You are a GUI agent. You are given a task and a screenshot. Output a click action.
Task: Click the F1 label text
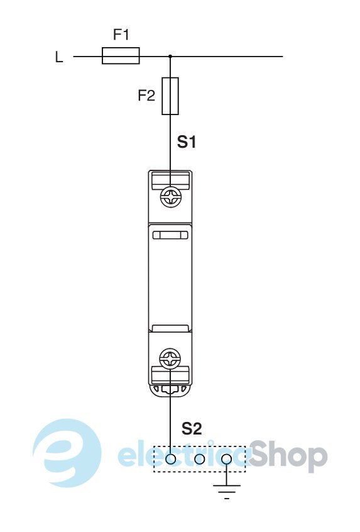click(121, 35)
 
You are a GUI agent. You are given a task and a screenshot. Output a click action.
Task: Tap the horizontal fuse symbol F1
click(121, 55)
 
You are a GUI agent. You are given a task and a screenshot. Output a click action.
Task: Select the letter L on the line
click(59, 57)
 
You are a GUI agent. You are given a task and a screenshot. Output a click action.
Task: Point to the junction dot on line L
click(170, 56)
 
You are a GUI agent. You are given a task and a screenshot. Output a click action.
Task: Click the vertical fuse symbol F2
click(170, 96)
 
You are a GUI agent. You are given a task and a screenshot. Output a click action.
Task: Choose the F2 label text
click(146, 96)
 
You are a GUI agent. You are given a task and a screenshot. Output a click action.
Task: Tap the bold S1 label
click(187, 142)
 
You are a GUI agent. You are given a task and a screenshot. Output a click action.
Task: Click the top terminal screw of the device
click(170, 197)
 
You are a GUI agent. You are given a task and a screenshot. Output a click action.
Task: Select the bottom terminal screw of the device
click(170, 358)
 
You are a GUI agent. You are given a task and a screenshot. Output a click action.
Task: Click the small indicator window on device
click(170, 235)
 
